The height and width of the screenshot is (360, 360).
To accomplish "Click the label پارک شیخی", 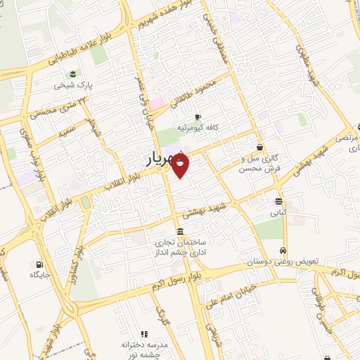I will [x=71, y=86].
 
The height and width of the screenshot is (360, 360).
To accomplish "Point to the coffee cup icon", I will [x=198, y=116].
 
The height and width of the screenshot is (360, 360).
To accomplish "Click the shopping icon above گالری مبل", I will [x=260, y=148].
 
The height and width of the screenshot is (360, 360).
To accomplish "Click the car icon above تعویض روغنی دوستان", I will [x=282, y=250].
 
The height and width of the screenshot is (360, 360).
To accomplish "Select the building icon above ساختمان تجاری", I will [x=181, y=231].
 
